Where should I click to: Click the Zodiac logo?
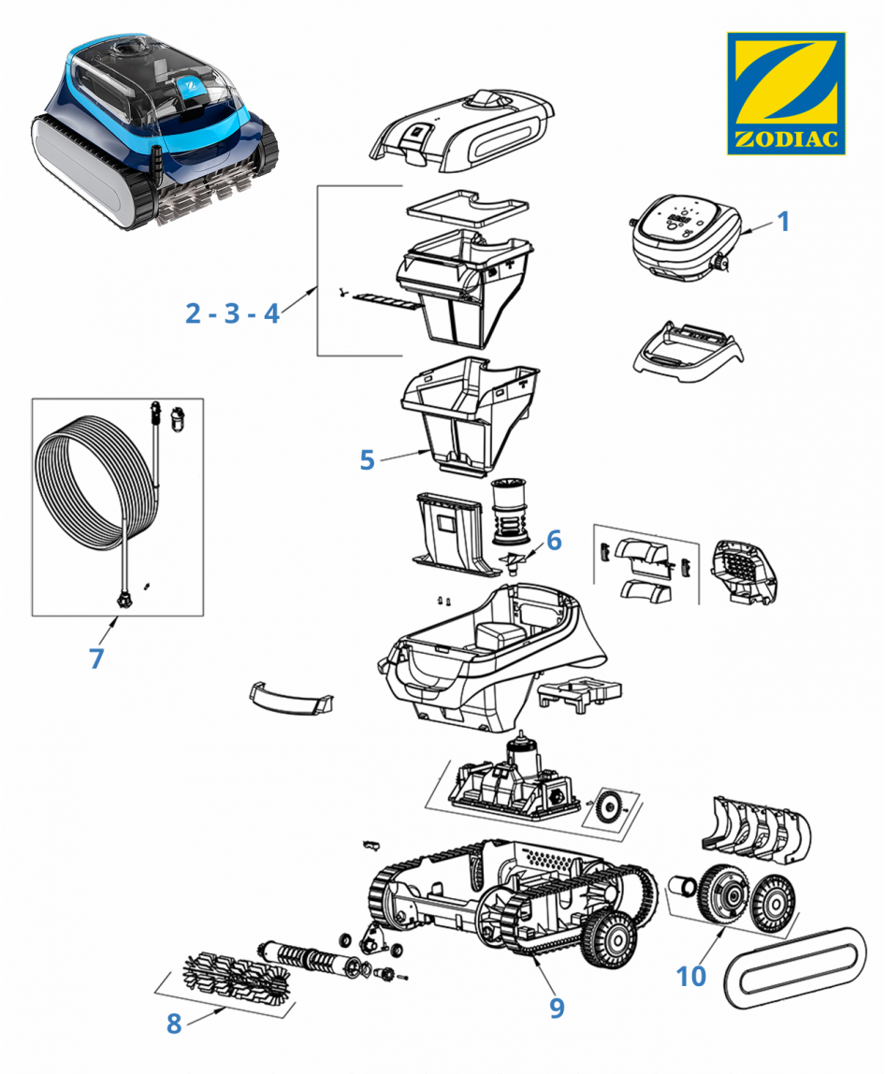786,93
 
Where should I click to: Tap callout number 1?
784,222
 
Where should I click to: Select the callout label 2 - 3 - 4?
232,313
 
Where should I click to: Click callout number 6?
553,540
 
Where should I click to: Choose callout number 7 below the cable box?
96,658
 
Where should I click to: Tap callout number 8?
173,1023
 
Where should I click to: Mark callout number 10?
691,976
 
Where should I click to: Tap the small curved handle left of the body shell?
291,696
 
